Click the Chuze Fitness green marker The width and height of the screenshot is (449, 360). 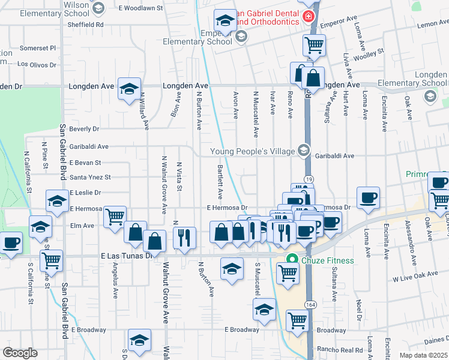click(293, 259)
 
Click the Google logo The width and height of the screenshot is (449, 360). click(20, 353)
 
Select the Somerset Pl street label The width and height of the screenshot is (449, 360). click(37, 48)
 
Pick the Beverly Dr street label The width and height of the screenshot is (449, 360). click(84, 129)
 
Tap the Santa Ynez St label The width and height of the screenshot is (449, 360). click(91, 178)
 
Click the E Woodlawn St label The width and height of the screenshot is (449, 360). click(142, 8)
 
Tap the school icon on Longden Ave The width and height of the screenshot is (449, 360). click(129, 89)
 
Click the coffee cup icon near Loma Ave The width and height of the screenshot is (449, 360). click(368, 197)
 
